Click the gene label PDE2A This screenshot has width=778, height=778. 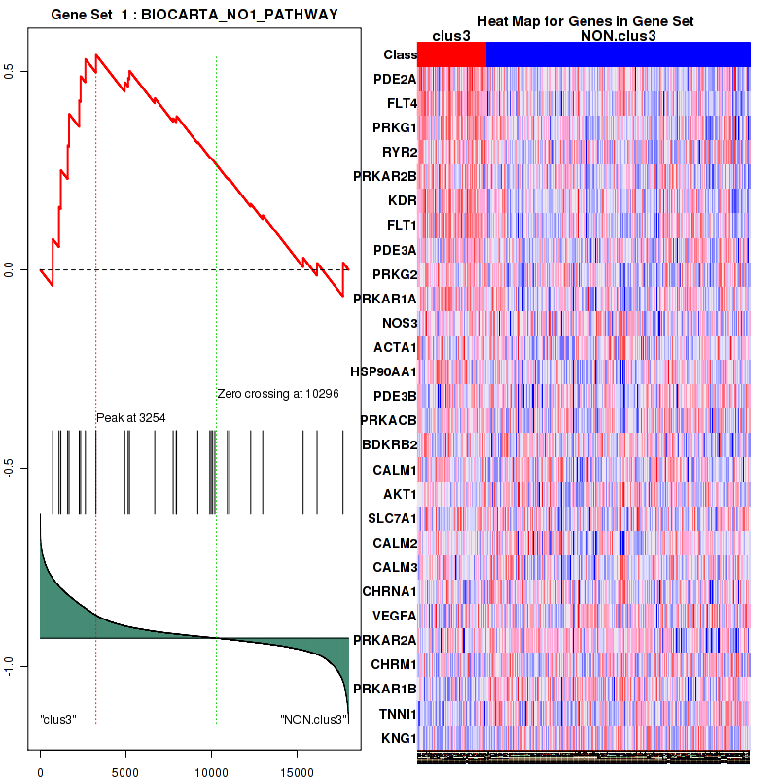(396, 79)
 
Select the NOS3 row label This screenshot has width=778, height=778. (399, 323)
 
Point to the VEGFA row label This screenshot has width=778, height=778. (395, 616)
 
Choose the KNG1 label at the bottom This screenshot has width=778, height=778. (399, 738)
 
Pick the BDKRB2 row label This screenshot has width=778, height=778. (389, 444)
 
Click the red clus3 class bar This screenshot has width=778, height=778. (451, 55)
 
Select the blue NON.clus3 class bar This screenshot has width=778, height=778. (618, 55)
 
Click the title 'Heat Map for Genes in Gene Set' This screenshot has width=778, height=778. (584, 21)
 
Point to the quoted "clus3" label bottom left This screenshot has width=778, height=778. (58, 720)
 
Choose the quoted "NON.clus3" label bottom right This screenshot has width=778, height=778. (313, 720)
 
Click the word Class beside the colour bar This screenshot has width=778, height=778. (401, 55)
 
